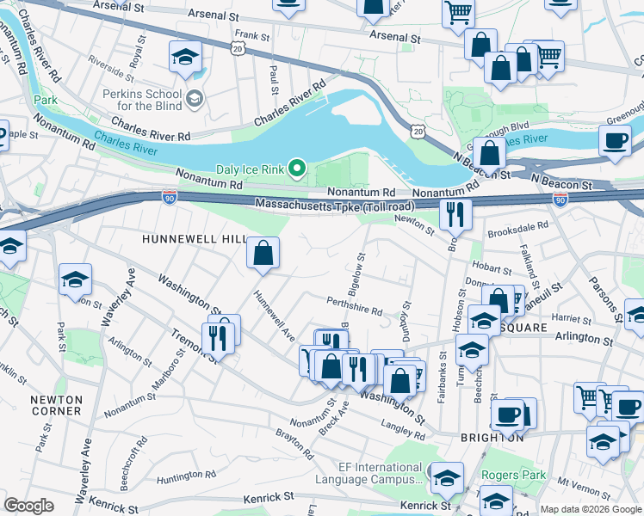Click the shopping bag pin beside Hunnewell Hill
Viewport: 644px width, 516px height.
coord(263,254)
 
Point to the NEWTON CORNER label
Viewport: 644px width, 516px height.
coord(56,405)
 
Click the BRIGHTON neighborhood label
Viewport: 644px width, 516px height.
coord(492,437)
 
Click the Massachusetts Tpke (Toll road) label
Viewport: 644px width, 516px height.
coord(335,205)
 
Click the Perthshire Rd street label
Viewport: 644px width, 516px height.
coord(355,306)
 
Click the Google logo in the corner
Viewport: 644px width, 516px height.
coord(28,506)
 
